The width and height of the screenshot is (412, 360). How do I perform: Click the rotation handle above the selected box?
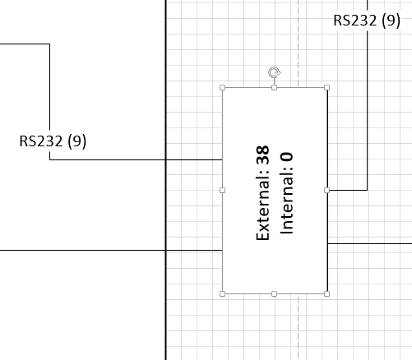pos(275,72)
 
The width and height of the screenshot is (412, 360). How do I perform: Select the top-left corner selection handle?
pos(223,87)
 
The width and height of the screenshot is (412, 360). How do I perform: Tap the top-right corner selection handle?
pos(326,87)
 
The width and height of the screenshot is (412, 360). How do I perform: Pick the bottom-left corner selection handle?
pos(223,293)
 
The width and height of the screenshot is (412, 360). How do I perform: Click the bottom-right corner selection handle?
pos(326,293)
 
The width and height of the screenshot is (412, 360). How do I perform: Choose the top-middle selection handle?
pos(274,87)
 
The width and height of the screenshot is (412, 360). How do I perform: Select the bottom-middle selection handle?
pos(274,293)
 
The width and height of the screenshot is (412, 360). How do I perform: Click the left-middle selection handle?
pos(223,190)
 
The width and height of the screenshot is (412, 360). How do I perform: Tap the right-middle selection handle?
pos(326,190)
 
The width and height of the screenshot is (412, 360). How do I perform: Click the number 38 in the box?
pos(263,155)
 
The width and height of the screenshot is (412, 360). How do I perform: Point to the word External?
pos(263,205)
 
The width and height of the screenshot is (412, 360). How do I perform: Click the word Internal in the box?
pos(287,203)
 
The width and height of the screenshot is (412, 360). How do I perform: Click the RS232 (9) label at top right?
pos(367,21)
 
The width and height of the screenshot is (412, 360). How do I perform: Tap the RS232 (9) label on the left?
pos(53,141)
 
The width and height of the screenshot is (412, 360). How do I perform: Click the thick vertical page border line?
pos(166,180)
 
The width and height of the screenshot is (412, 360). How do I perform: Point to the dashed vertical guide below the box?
pos(299,327)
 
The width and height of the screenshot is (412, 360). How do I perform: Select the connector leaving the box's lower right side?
pos(370,243)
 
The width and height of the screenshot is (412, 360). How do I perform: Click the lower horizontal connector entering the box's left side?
pos(111,250)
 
